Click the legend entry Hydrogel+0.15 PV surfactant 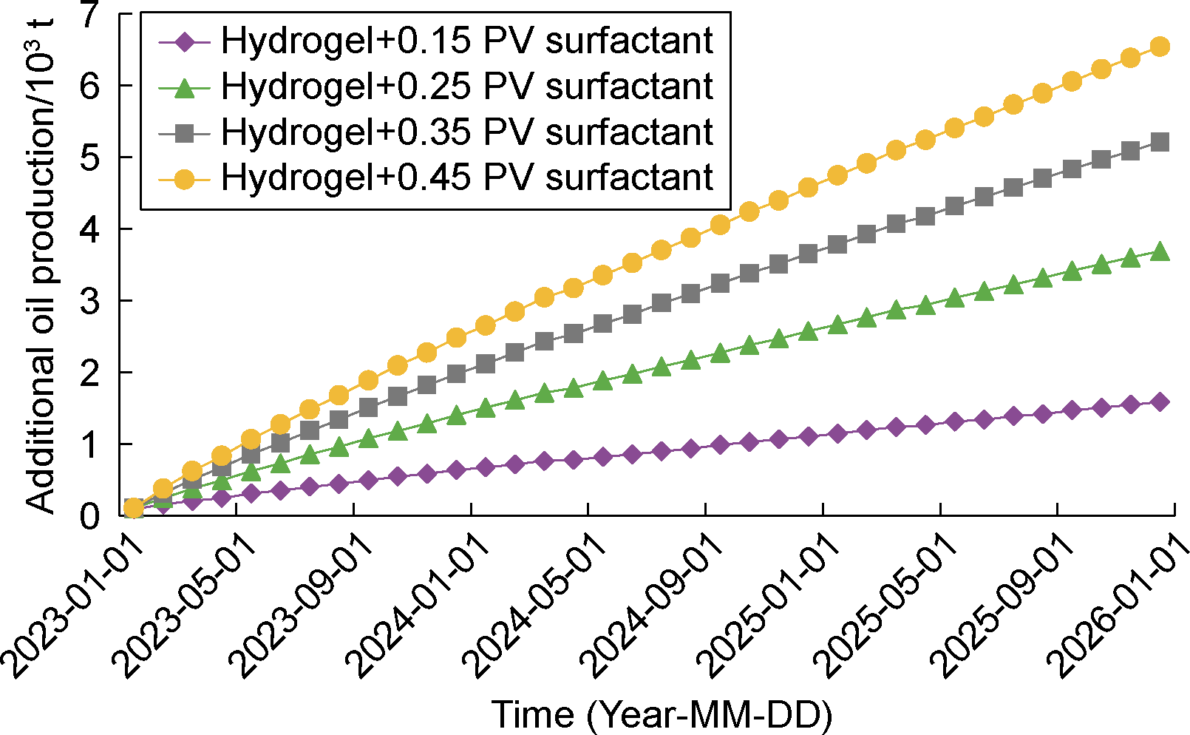pos(467,41)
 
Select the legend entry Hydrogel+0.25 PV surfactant pos(467,87)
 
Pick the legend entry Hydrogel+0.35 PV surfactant pos(467,132)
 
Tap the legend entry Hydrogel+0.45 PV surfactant pos(467,178)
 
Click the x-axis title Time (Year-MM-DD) pos(662,714)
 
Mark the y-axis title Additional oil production pos(41,266)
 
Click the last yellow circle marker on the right pos(1160,47)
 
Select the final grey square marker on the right pos(1160,142)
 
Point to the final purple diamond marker pos(1160,402)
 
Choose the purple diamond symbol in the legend pos(185,41)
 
